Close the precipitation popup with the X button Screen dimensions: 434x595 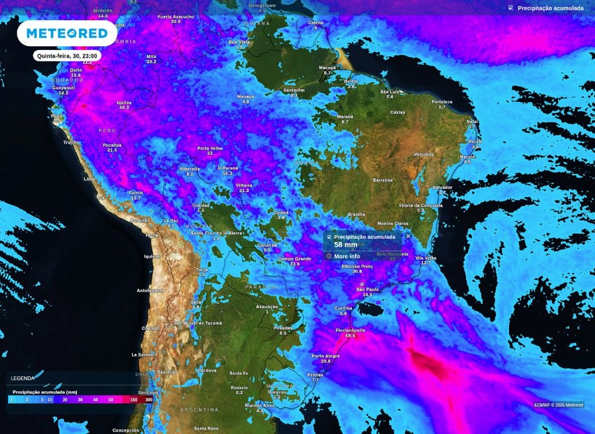[x=408, y=236]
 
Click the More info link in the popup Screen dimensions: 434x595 [x=347, y=256]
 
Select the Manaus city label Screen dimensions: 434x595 [x=245, y=96]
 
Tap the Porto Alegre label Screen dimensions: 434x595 [x=325, y=356]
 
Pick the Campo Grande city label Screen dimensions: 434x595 [x=294, y=259]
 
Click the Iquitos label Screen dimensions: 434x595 [x=124, y=102]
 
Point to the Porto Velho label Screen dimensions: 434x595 [x=209, y=148]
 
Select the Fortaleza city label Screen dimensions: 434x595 [x=442, y=102]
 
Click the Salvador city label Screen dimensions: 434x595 [x=442, y=187]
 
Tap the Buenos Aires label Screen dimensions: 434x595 [x=259, y=405]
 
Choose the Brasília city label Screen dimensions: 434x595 [x=356, y=214]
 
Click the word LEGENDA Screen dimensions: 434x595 [x=22, y=378]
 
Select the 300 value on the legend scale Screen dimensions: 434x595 [x=149, y=400]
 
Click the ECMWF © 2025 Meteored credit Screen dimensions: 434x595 [x=559, y=405]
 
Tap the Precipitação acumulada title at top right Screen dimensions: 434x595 [x=550, y=8]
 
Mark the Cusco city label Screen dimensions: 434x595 [x=135, y=192]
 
